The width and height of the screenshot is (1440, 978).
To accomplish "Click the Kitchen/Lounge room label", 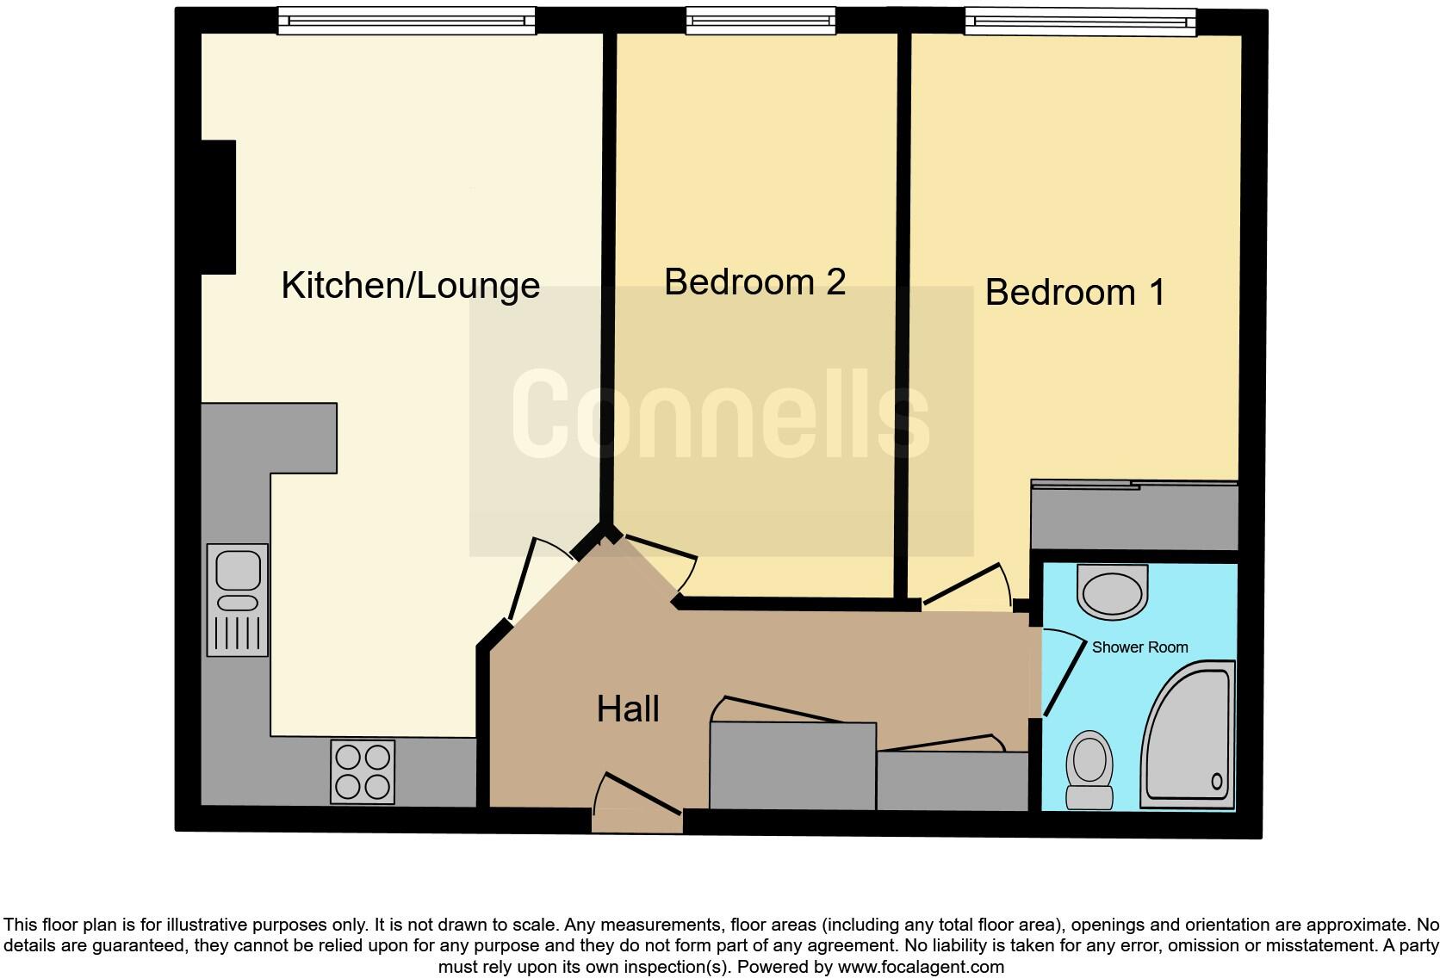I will pos(410,286).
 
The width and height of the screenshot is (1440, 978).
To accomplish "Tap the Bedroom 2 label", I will pos(754,282).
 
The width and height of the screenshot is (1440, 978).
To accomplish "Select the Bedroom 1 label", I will pos(1075,293).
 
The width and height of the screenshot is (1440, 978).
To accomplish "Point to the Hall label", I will pos(628,709).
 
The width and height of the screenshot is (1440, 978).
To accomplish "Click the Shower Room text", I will pos(1139,647).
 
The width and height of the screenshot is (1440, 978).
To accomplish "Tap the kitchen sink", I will pos(238,599).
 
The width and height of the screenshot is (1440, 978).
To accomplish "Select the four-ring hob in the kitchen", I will pos(363,771).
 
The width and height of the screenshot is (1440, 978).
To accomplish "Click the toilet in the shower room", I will pos(1089,770).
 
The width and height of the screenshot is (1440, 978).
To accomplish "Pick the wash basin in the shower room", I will pos(1112,591).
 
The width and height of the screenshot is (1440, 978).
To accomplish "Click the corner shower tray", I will pos(1189,736).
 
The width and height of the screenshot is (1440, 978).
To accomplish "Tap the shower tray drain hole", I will pos(1217,782).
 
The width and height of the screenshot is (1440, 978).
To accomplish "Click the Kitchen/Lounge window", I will pos(407,21).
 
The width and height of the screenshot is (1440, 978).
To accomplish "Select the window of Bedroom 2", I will pos(760,21).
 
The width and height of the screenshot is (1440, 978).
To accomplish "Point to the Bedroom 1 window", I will pos(1080,21).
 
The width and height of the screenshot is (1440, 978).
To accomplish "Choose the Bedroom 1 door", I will pos(965,585).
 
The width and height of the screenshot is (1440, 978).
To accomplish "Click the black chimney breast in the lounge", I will pos(219,207).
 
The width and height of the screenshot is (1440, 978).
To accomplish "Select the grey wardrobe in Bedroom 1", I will pos(1134,517).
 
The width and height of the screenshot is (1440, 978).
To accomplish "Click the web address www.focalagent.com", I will pos(920,967).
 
